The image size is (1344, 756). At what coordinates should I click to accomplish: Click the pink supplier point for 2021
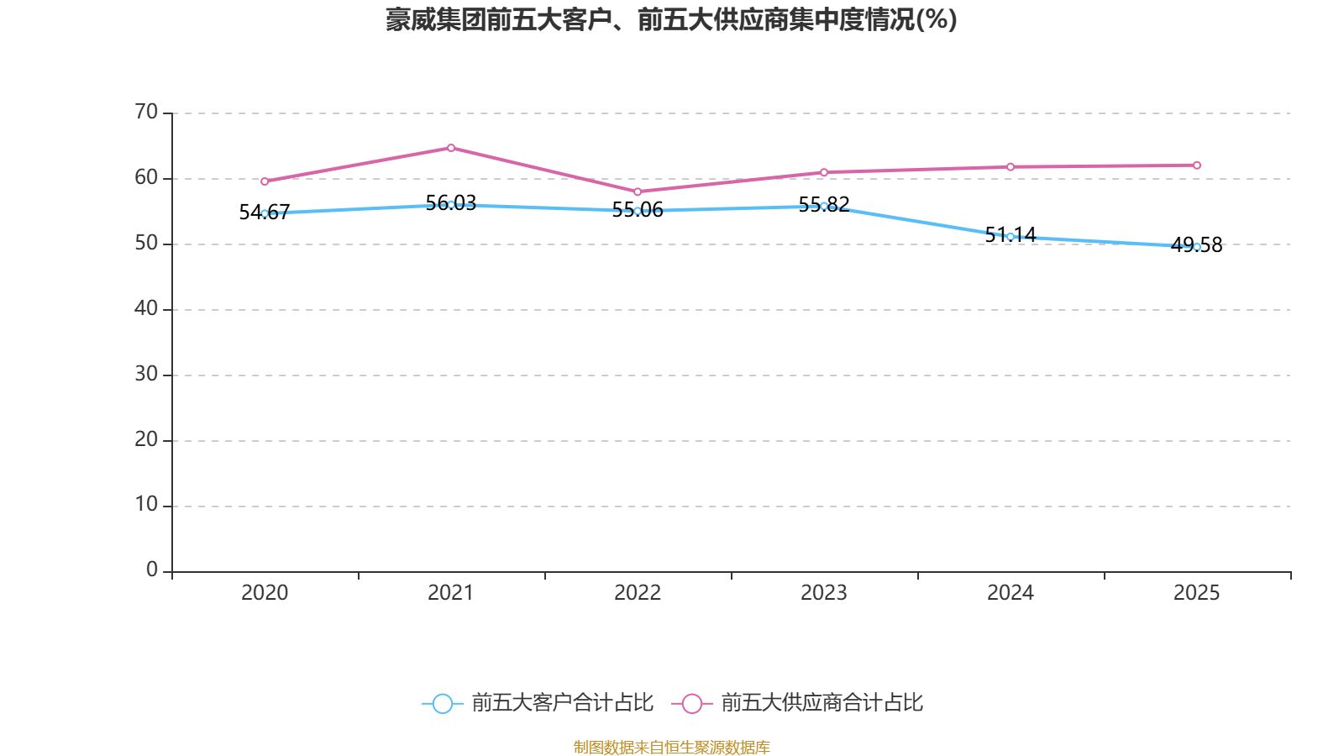[x=451, y=148]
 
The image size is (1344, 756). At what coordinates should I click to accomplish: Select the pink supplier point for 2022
[x=638, y=192]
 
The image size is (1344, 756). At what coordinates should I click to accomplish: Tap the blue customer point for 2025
[x=1197, y=247]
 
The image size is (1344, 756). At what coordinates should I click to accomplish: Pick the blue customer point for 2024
[x=1011, y=237]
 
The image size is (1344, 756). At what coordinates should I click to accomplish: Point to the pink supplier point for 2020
[x=265, y=181]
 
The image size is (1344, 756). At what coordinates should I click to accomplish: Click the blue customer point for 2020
[x=265, y=213]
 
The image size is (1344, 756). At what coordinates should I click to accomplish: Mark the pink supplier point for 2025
[x=1197, y=165]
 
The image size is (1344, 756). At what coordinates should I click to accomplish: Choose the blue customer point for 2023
[x=824, y=206]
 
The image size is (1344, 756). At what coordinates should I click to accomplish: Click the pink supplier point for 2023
[x=824, y=172]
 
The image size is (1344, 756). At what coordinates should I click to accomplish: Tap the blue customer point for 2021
[x=451, y=204]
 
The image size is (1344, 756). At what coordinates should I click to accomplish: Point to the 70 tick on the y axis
[x=146, y=112]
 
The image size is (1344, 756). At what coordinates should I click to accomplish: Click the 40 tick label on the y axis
[x=146, y=308]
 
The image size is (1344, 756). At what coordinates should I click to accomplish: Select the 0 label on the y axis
[x=152, y=570]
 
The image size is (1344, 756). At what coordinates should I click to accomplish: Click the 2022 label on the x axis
[x=638, y=593]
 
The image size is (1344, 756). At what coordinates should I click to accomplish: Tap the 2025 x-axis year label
[x=1196, y=593]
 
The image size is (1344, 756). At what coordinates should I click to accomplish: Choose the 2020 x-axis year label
[x=265, y=593]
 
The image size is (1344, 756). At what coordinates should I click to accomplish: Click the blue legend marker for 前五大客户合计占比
[x=442, y=703]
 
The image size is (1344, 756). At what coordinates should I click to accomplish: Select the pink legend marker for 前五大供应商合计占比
[x=692, y=703]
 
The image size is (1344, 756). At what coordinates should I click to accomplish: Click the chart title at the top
[x=671, y=19]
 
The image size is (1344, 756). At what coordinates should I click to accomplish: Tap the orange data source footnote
[x=671, y=747]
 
